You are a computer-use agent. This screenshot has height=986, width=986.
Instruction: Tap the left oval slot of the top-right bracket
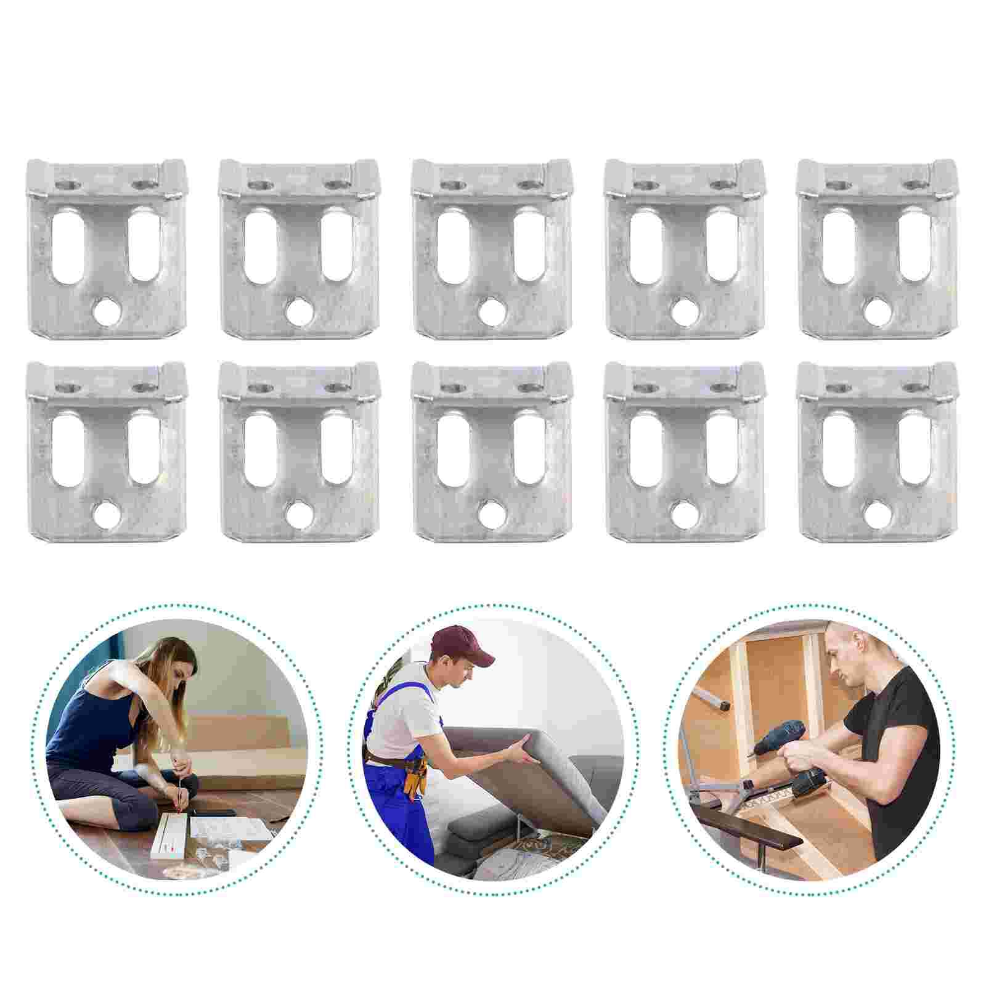click(838, 246)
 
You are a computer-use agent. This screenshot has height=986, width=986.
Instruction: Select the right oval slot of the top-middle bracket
click(529, 246)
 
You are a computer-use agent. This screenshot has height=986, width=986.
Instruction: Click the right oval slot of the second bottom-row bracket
click(336, 446)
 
